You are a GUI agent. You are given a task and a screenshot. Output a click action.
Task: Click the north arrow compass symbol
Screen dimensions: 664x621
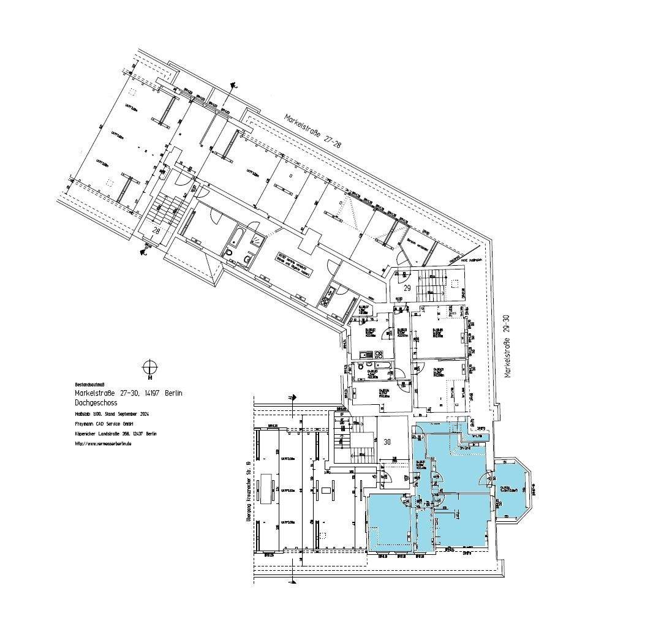coord(149,367)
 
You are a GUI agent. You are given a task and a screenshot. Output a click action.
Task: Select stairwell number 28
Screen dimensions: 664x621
coord(156,230)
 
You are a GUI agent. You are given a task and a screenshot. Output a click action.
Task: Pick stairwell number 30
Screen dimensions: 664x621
coord(387,441)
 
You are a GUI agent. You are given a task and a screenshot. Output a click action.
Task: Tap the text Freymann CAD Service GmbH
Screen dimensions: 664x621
coord(104,424)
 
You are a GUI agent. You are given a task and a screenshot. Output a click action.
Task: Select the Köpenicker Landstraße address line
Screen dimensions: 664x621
coord(115,434)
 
